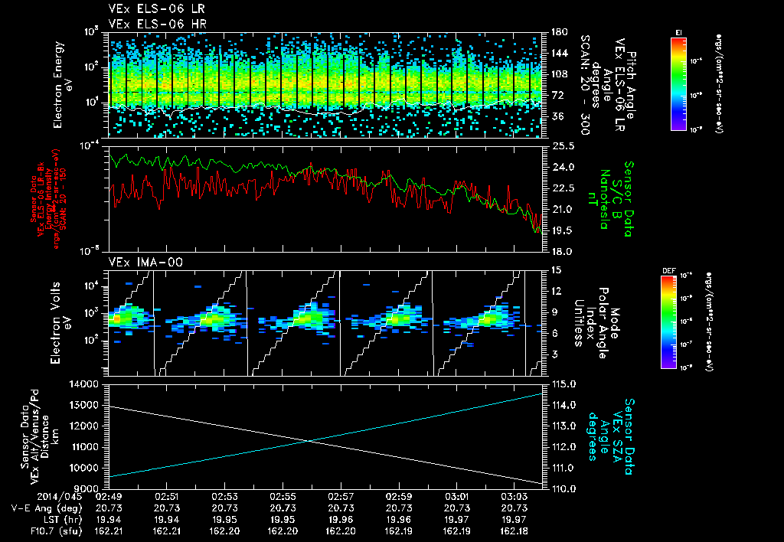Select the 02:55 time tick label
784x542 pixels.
(x=283, y=496)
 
